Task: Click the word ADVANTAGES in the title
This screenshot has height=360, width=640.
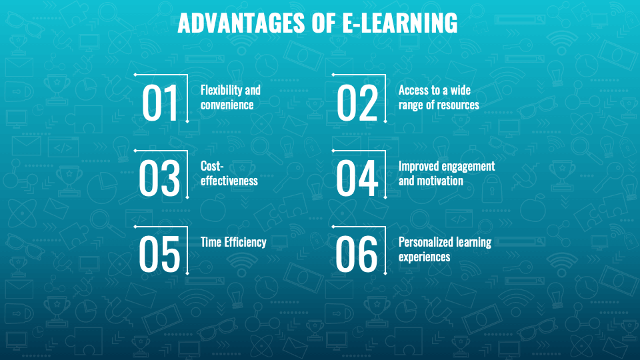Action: (241, 23)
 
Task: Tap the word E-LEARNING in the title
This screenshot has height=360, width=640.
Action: (400, 23)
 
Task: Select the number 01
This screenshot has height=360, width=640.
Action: (160, 103)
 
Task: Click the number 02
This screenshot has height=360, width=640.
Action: (357, 103)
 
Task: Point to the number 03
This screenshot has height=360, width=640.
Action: (159, 179)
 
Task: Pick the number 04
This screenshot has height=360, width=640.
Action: (357, 179)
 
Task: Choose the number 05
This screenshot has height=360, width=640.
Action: (159, 254)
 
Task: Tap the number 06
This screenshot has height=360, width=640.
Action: (357, 254)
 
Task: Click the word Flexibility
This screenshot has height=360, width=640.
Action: (222, 91)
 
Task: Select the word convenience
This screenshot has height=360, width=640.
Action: (227, 105)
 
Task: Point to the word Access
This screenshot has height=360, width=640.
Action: (412, 90)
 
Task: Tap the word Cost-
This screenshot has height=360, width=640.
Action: (212, 166)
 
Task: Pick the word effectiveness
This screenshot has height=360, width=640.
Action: (229, 181)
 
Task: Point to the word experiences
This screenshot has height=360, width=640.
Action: (425, 257)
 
